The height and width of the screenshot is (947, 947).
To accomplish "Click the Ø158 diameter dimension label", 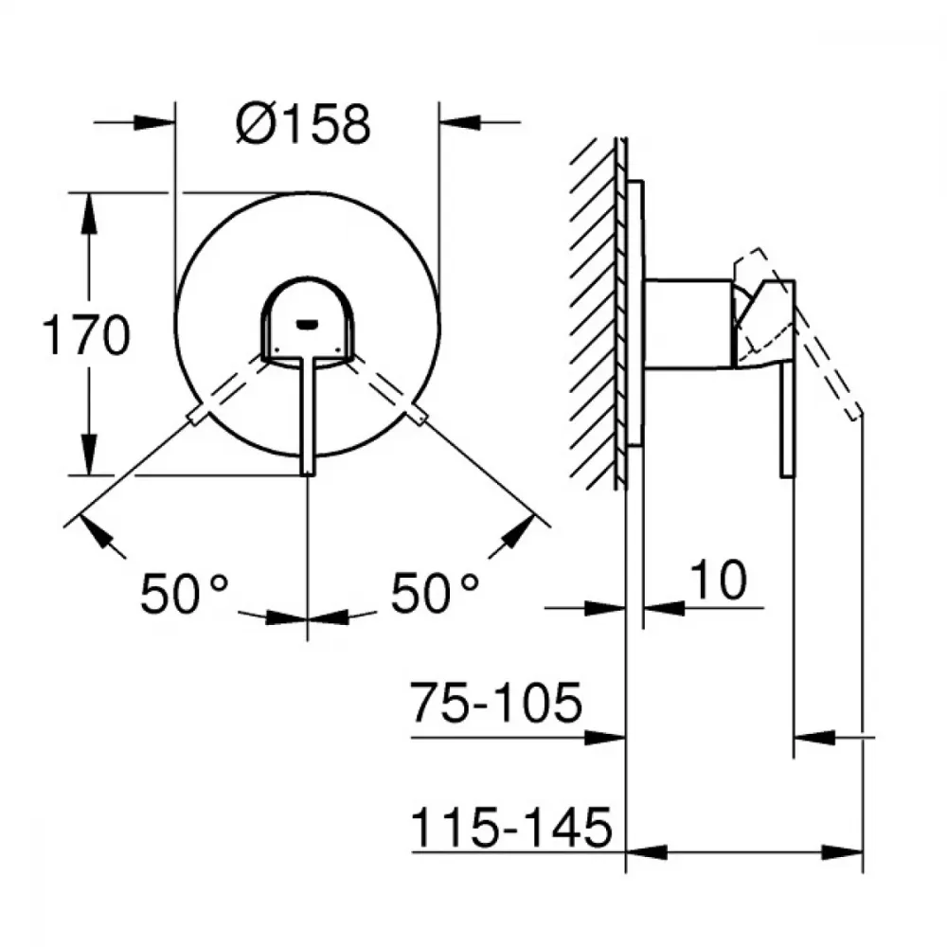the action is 303,124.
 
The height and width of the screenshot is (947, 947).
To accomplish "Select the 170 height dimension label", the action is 86,335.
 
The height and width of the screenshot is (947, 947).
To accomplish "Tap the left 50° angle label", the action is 185,593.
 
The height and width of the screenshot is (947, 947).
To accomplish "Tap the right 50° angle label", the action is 435,593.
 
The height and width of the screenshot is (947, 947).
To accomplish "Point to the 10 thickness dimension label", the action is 718,580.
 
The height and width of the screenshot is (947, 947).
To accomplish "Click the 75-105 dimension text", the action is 496,703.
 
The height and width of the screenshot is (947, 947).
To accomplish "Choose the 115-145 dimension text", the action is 511,828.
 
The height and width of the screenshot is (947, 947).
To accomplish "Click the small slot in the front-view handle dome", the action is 308,326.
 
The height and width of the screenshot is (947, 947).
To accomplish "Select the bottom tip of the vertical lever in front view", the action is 308,474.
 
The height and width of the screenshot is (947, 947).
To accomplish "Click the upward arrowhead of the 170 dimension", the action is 89,213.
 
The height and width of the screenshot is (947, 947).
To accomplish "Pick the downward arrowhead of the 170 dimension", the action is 89,455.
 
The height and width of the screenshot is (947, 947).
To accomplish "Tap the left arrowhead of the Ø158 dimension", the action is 154,122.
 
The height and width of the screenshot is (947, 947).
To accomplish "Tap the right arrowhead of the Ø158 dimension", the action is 460,122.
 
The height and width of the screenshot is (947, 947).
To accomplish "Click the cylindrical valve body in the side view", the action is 688,324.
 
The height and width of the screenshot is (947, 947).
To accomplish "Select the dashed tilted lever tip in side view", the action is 854,414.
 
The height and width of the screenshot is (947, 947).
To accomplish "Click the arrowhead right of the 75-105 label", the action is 605,738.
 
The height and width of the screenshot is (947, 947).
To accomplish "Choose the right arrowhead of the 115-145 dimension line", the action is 842,853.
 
